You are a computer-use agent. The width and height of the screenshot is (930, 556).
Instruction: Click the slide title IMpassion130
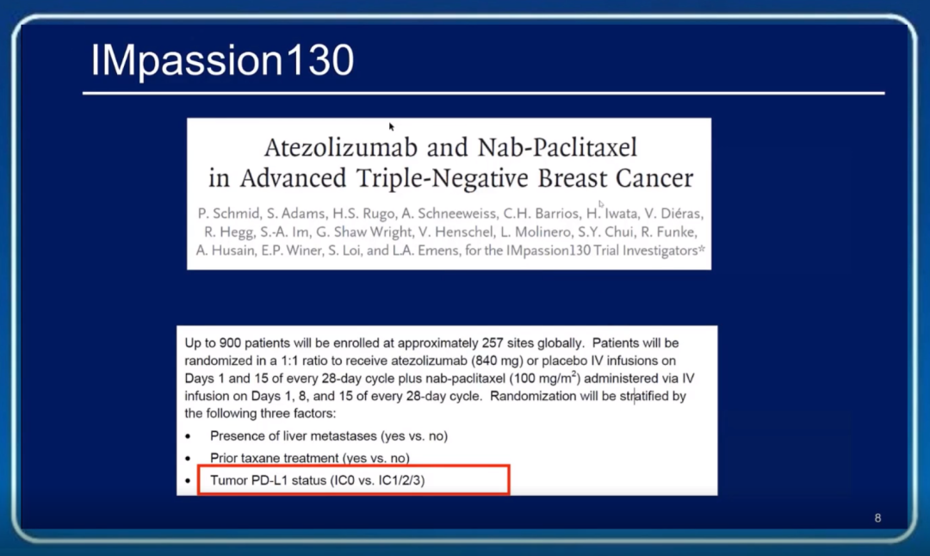point(222,61)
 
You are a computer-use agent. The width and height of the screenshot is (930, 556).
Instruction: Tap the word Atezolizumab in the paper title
point(341,147)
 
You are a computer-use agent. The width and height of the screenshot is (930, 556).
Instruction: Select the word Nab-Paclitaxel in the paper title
point(557,147)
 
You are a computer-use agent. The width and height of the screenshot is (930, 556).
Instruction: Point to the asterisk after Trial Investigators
point(702,249)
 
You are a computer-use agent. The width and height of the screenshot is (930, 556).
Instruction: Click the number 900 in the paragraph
point(230,343)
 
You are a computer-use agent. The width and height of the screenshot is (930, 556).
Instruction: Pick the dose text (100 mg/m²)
point(545,378)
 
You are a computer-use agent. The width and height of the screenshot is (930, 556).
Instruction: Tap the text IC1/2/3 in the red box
point(401,481)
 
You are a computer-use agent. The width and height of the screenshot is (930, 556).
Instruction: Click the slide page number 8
point(877,518)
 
